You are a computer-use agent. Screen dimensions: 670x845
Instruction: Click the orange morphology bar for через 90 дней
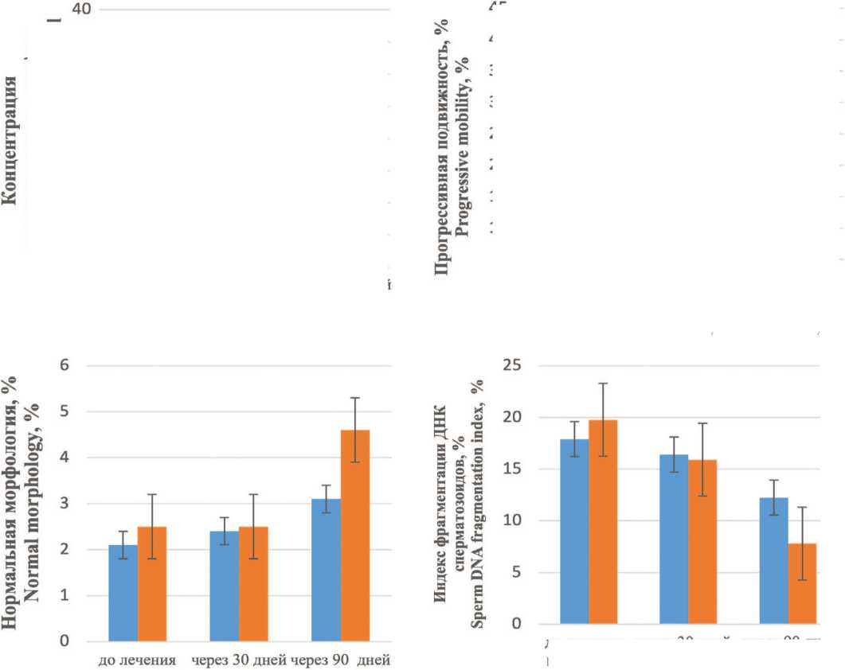pos(355,535)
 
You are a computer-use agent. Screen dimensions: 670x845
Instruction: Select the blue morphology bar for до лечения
pos(123,593)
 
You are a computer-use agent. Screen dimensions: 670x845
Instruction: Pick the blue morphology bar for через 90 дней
pos(326,570)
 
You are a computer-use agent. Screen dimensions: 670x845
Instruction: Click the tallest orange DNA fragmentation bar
pos(603,521)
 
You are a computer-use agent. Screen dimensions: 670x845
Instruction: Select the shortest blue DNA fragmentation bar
pos(773,560)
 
